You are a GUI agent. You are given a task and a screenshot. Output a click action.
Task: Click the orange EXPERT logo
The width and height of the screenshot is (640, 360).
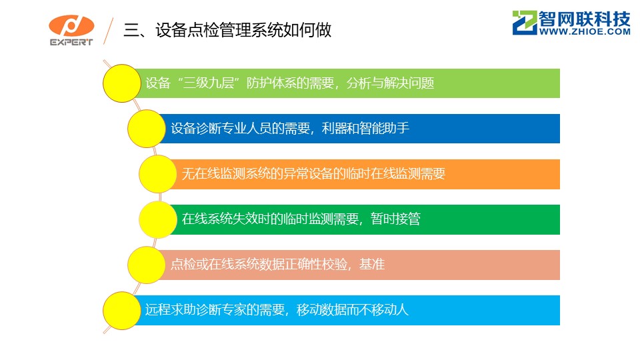tap(71, 30)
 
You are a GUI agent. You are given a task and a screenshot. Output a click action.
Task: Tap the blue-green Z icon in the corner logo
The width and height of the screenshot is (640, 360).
tap(525, 23)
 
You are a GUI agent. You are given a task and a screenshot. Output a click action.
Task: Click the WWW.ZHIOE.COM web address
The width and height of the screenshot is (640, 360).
tap(585, 31)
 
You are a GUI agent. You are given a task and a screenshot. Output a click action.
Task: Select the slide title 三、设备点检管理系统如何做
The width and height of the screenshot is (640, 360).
tap(227, 30)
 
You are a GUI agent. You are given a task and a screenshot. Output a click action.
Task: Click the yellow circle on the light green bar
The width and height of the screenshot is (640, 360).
tap(121, 83)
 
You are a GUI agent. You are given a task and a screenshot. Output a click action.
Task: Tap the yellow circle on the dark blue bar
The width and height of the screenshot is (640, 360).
tap(147, 129)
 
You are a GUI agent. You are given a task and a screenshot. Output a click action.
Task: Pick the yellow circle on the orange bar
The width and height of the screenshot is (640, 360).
tap(158, 174)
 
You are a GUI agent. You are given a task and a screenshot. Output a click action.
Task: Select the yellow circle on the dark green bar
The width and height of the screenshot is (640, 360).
tap(158, 219)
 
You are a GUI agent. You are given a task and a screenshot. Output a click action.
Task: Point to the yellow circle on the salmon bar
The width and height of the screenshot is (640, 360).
tap(147, 265)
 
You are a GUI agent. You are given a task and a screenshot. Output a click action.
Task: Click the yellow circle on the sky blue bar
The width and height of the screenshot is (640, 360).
tap(121, 311)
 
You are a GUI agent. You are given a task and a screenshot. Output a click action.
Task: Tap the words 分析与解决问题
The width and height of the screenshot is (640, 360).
tap(390, 83)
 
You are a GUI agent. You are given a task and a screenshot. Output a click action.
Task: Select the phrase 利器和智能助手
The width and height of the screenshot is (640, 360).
tap(365, 128)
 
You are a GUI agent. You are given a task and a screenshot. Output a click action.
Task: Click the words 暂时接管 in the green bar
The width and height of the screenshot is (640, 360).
tap(395, 219)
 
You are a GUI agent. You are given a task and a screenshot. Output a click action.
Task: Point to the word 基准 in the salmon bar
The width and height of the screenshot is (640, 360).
tap(372, 264)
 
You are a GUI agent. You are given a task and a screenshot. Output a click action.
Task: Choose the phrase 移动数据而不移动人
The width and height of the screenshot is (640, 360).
tap(353, 309)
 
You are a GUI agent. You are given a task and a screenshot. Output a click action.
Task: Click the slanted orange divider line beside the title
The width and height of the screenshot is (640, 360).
tap(108, 31)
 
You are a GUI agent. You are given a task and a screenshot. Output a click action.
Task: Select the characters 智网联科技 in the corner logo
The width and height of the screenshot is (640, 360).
tap(585, 19)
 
